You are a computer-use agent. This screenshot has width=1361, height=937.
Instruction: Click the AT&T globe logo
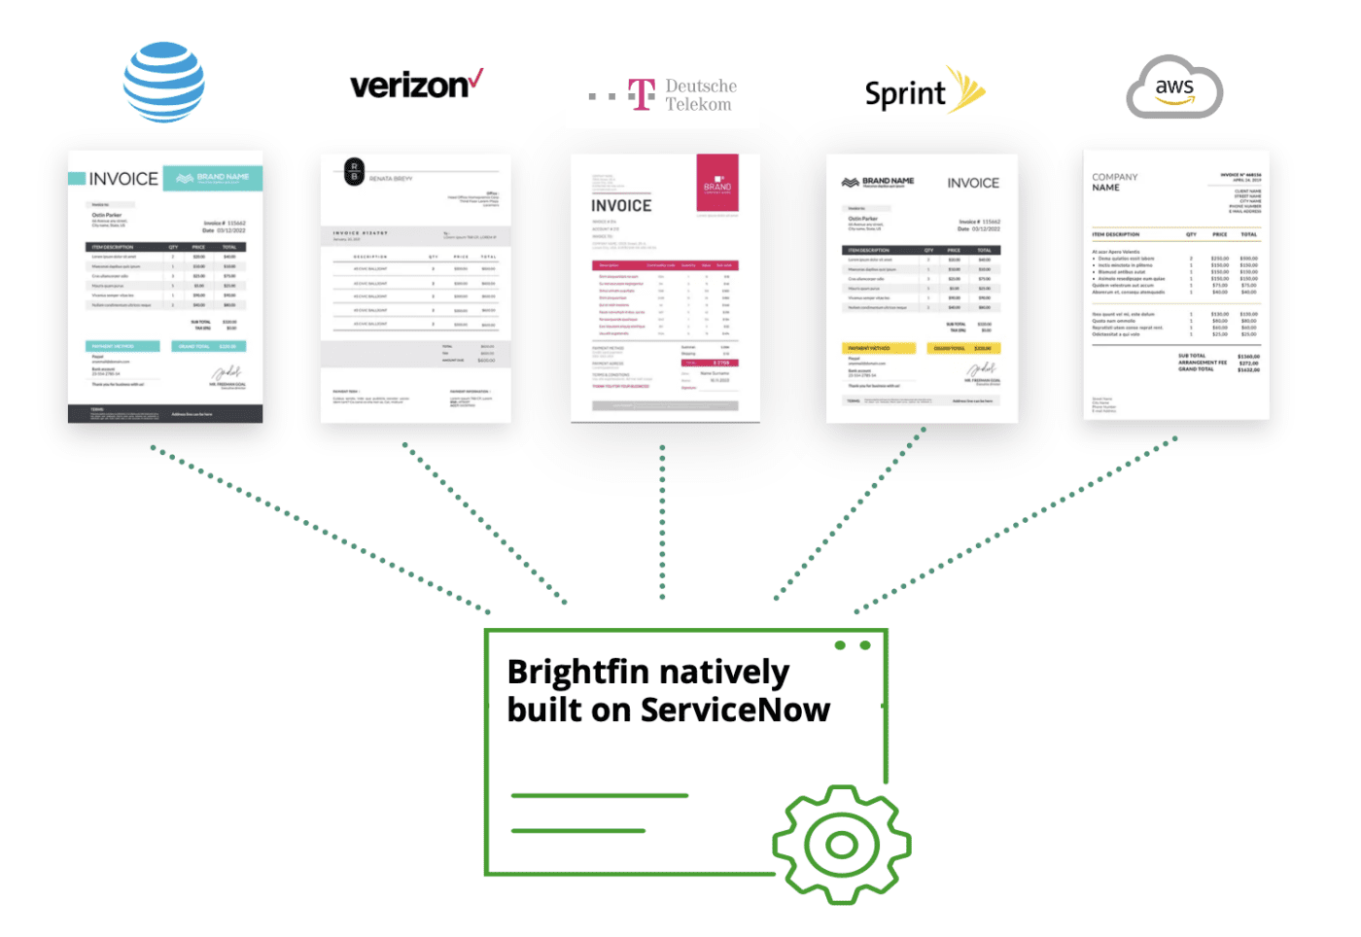[x=163, y=82]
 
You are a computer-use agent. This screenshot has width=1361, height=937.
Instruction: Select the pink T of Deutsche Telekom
[x=642, y=94]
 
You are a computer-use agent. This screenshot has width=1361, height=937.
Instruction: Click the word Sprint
[x=904, y=93]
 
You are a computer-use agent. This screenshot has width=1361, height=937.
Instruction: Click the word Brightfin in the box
[x=578, y=672]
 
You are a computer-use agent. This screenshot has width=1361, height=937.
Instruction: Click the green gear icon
[x=841, y=844]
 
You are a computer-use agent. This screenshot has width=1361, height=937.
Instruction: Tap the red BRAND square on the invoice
[x=717, y=183]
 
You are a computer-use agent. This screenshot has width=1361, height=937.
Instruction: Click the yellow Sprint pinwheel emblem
[x=966, y=89]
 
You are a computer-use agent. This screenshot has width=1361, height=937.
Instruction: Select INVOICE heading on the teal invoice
[x=123, y=179]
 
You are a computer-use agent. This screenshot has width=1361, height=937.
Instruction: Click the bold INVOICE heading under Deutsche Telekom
[x=621, y=206]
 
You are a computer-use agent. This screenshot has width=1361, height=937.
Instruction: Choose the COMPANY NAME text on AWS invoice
[x=1114, y=182]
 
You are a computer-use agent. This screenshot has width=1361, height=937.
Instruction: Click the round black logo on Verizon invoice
[x=355, y=172]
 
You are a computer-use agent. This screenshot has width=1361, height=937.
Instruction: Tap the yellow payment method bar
[x=879, y=348]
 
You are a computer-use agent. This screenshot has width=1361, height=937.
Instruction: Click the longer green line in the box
[x=599, y=795]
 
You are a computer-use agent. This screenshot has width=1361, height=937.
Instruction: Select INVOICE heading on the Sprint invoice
[x=973, y=183]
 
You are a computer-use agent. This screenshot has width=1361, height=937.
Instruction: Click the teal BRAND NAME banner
[x=213, y=177]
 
